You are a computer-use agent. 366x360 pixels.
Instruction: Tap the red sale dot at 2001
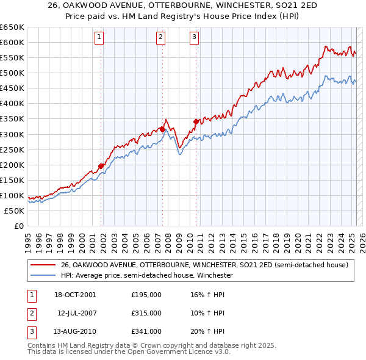(x=101, y=166)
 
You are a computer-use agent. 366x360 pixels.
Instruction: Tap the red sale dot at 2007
(x=163, y=129)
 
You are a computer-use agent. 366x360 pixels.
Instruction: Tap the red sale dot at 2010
(x=196, y=121)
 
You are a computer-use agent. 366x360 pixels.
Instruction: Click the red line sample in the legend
(x=43, y=265)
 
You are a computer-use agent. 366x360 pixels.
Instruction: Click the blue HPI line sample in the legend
(x=43, y=275)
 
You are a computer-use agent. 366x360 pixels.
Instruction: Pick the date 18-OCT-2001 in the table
(x=75, y=295)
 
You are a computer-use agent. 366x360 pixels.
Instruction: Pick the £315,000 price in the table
(x=146, y=313)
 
